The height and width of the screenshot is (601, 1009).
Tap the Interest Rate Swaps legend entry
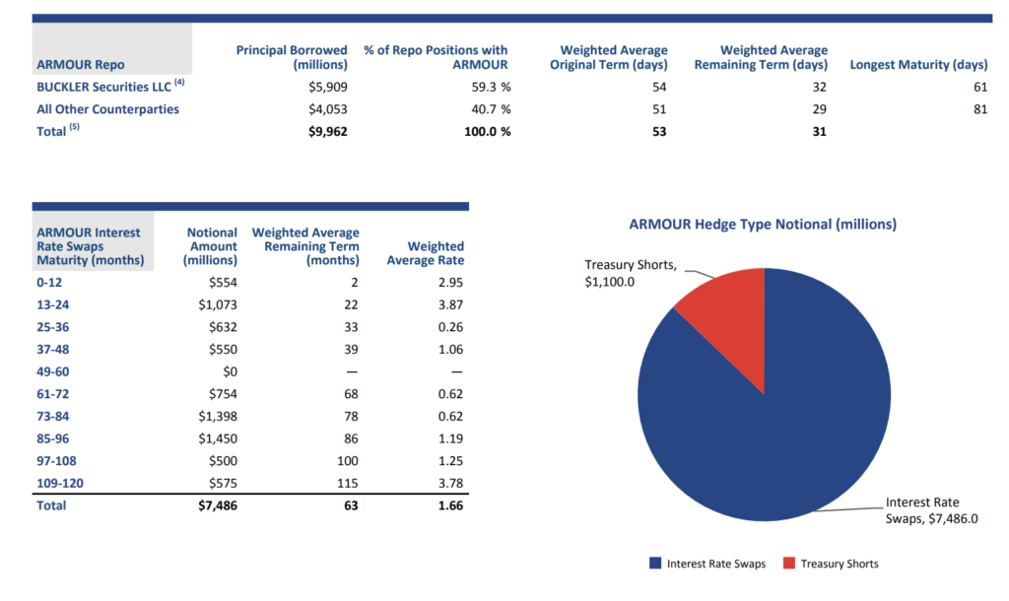[x=706, y=564]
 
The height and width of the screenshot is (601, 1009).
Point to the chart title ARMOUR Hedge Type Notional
[x=763, y=225]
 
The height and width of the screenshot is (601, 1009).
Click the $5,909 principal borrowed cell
[x=327, y=87]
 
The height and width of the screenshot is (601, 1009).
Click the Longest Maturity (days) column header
[x=917, y=65]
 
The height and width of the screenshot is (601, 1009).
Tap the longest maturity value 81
[x=979, y=109]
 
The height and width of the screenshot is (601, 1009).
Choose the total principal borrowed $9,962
[x=326, y=131]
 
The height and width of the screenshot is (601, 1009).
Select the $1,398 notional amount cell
[x=217, y=416]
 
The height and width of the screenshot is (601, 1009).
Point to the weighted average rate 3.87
[x=449, y=304]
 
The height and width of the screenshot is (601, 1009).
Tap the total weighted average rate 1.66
[x=449, y=505]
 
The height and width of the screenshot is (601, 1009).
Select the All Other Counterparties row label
[x=107, y=109]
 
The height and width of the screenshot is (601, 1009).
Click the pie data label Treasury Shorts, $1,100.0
[x=631, y=274]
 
